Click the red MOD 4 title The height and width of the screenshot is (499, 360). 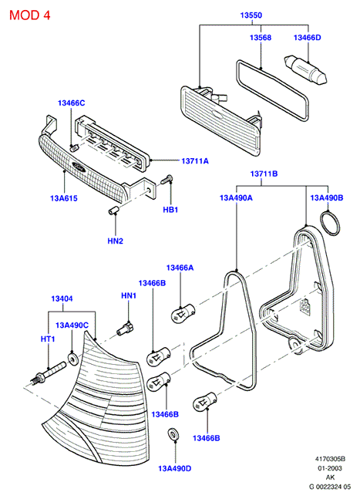pos(29,15)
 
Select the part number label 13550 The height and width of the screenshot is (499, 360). pos(251,15)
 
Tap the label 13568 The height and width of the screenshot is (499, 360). pos(261,37)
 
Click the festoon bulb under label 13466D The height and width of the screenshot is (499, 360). pos(305,70)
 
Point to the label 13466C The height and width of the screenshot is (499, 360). pos(71,103)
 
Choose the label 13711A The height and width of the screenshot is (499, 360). pos(195,161)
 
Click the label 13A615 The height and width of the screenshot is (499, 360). pos(64,198)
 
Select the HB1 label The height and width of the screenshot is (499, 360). pos(170,210)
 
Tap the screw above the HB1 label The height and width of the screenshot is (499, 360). pos(167,180)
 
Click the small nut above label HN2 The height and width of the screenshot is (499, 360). pos(113,211)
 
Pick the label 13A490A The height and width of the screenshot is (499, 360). pos(236,197)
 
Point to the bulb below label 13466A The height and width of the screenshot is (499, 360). pos(183,313)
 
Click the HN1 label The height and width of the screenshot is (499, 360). pos(129,295)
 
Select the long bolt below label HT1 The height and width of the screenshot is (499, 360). pos(49,373)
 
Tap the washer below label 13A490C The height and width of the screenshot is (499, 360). pos(73,358)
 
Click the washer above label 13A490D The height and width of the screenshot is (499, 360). pos(173,434)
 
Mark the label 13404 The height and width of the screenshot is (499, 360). pos(62,298)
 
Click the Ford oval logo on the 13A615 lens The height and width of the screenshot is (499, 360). pos(79,166)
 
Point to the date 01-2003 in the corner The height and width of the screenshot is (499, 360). pos(330,468)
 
